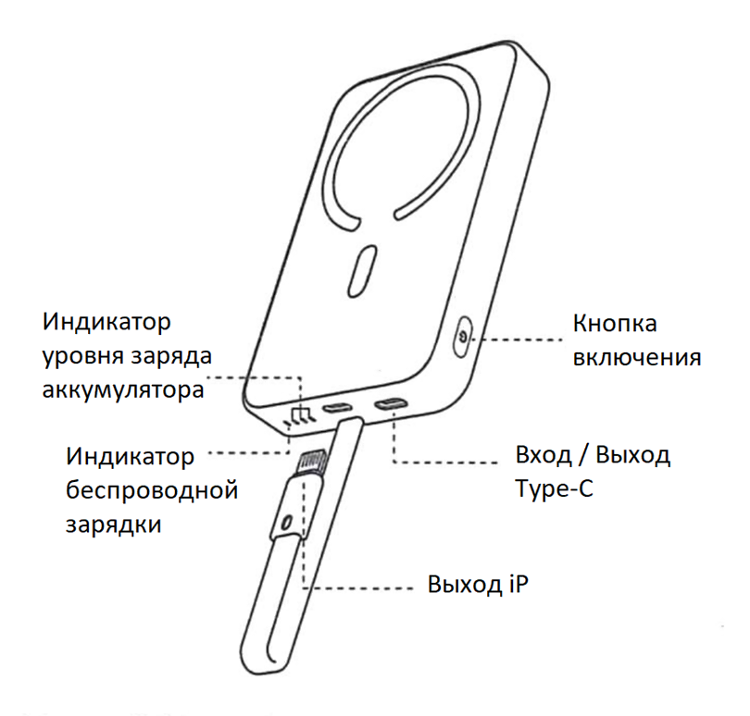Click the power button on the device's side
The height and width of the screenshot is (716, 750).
click(x=462, y=337)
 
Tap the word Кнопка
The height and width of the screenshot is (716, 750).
click(x=615, y=325)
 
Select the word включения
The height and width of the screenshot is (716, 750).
click(x=636, y=357)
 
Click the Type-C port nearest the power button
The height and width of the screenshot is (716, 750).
click(x=390, y=404)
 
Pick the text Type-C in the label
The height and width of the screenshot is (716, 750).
click(x=553, y=488)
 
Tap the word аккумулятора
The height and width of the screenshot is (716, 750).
click(x=121, y=389)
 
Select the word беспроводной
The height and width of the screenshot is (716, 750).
click(x=152, y=489)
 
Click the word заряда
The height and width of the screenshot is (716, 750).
click(x=175, y=357)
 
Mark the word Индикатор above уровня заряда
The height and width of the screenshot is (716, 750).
click(x=107, y=325)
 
